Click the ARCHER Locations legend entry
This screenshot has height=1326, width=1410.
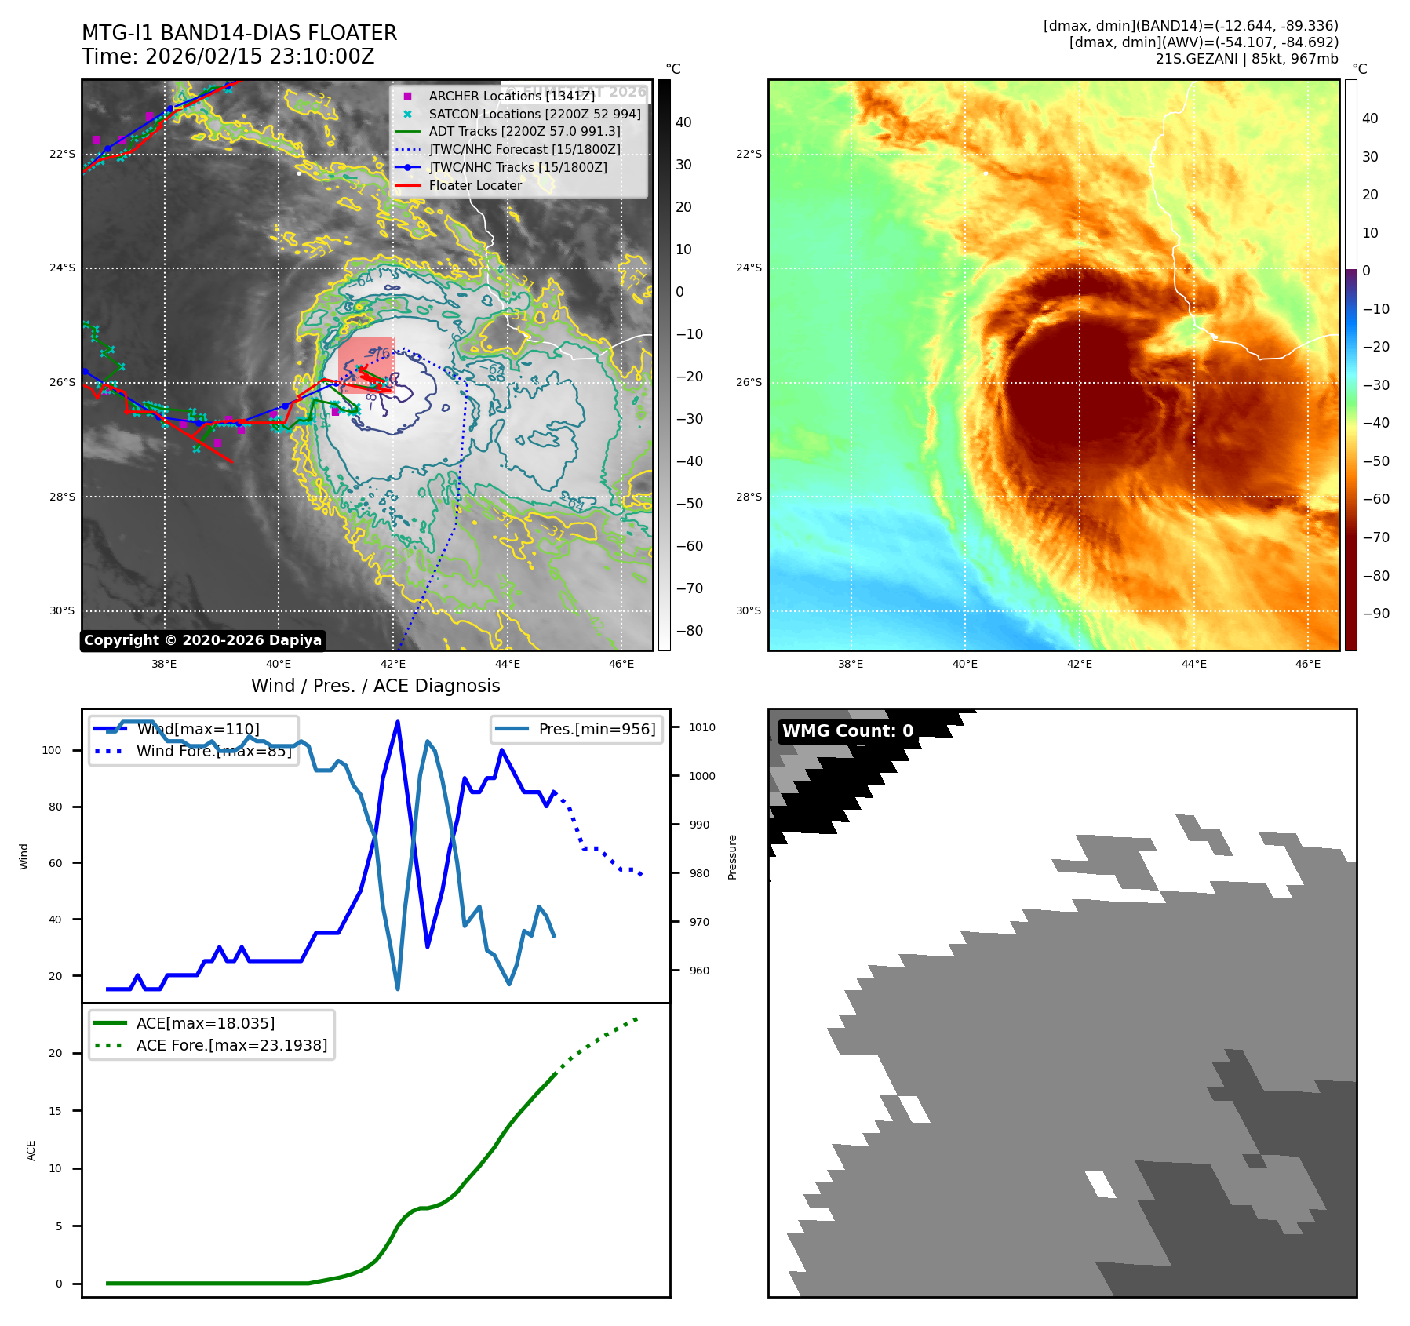pyautogui.click(x=511, y=96)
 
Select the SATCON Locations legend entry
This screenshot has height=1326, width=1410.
pyautogui.click(x=534, y=114)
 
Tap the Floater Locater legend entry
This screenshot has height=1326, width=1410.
pyautogui.click(x=475, y=185)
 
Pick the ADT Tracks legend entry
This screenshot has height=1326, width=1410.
pyautogui.click(x=524, y=132)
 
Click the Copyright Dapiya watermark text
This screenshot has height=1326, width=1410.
pyautogui.click(x=202, y=640)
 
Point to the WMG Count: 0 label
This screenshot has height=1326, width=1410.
pyautogui.click(x=847, y=731)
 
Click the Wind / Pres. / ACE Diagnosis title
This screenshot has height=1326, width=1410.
pyautogui.click(x=375, y=686)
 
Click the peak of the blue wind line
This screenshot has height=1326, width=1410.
pyautogui.click(x=398, y=722)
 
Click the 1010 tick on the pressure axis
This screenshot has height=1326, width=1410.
pyautogui.click(x=701, y=727)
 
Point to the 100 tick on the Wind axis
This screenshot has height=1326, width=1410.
pyautogui.click(x=52, y=750)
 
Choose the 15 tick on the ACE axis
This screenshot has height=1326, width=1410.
pyautogui.click(x=56, y=1111)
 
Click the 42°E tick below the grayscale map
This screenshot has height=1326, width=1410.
pyautogui.click(x=393, y=664)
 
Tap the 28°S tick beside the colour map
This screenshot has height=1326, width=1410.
pyautogui.click(x=749, y=497)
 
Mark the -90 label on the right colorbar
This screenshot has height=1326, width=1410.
pyautogui.click(x=1375, y=614)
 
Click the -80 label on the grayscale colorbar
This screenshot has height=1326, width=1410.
pyautogui.click(x=690, y=631)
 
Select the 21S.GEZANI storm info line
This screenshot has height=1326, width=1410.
pyautogui.click(x=1246, y=59)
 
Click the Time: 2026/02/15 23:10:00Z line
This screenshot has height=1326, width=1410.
pyautogui.click(x=228, y=56)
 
